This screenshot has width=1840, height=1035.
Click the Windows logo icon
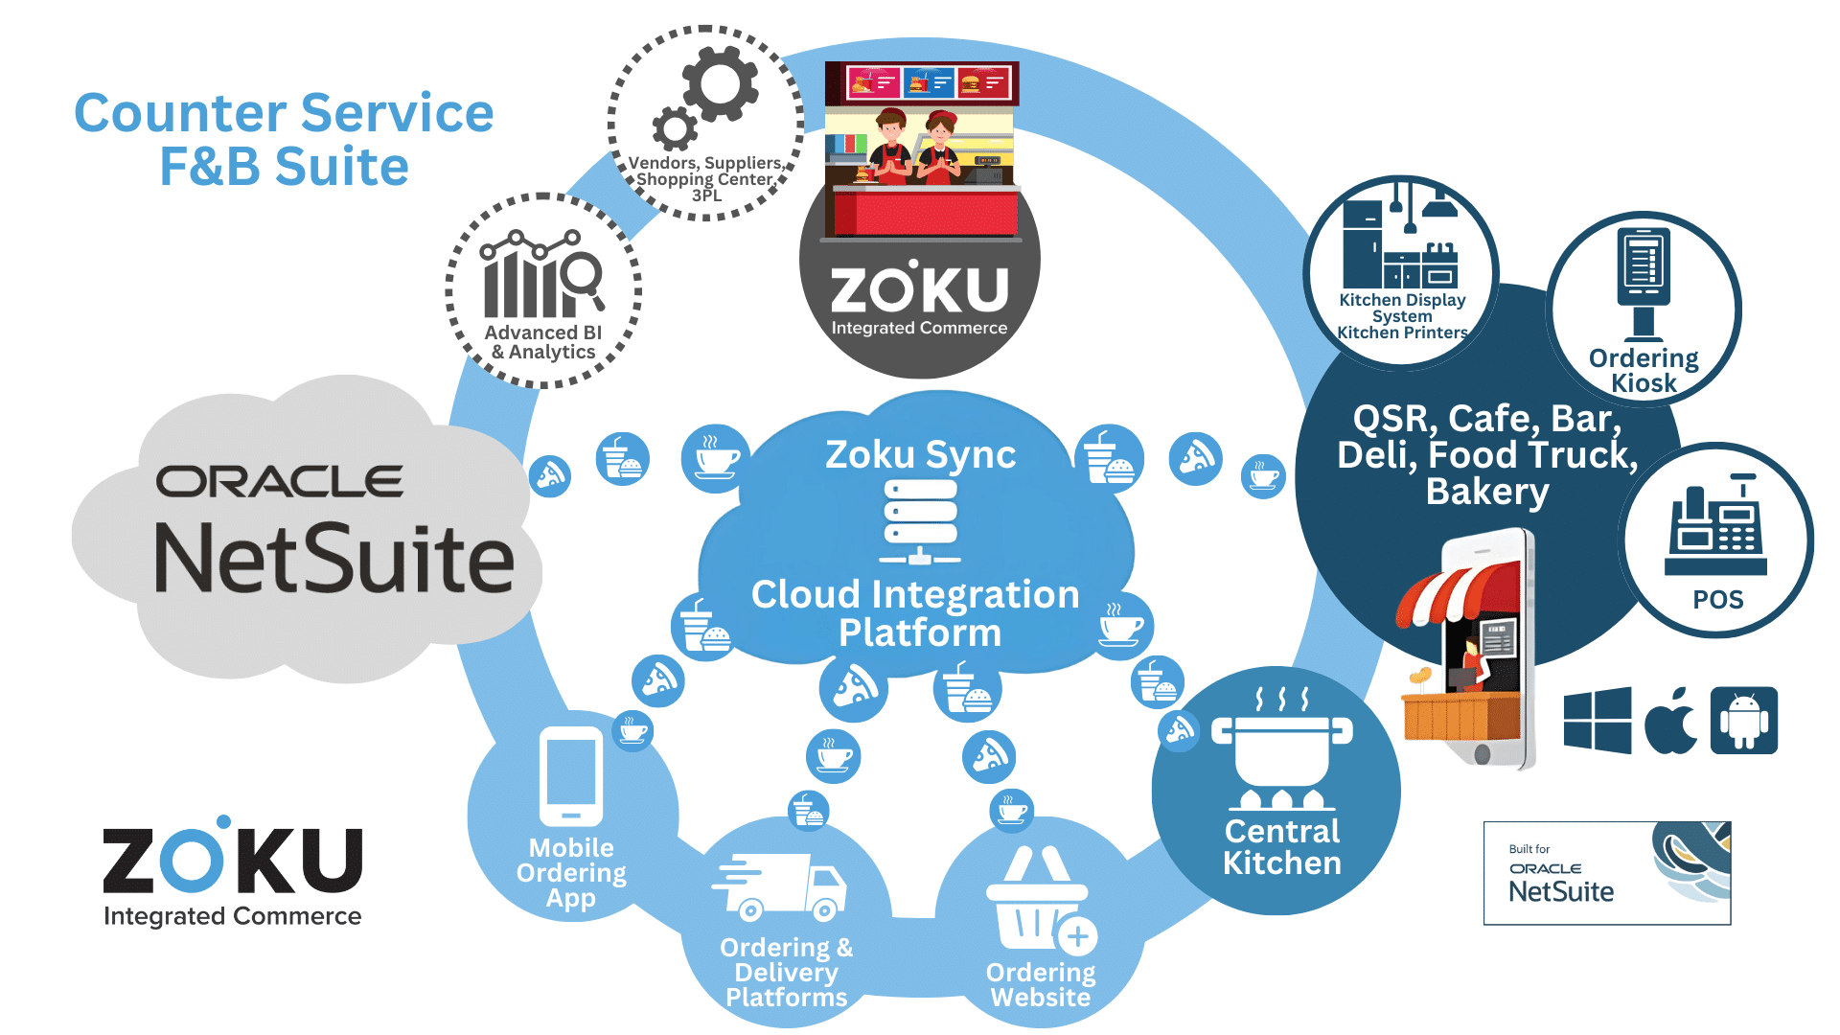(x=1597, y=720)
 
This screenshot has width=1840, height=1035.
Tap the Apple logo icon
(x=1670, y=721)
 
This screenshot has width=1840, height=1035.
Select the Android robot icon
(x=1744, y=721)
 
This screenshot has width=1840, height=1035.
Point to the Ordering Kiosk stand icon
(x=1644, y=282)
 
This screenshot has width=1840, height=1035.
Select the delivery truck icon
(x=781, y=886)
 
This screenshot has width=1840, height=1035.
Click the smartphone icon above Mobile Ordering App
(x=571, y=776)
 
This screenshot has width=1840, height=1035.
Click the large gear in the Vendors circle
(x=720, y=84)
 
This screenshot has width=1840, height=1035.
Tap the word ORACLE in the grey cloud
(x=280, y=482)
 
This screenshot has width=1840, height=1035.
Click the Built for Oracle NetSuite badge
(x=1606, y=873)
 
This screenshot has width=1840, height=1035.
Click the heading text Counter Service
(x=284, y=113)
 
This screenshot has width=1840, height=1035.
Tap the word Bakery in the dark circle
(x=1486, y=492)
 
